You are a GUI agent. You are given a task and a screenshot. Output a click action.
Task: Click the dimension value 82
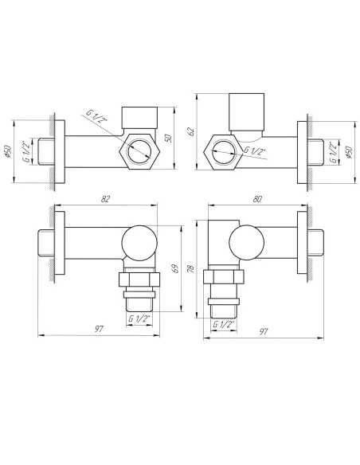105,199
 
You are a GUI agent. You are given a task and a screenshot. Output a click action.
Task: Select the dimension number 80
257,199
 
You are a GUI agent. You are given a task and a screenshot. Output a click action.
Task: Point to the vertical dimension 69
176,268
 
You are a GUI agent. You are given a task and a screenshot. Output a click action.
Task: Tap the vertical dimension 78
190,268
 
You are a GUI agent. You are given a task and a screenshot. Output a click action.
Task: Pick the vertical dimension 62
191,131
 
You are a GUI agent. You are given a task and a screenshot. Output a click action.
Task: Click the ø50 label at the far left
8,151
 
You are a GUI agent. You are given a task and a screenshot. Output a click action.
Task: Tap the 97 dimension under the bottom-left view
99,329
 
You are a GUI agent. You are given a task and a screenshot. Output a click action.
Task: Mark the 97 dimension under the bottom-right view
264,331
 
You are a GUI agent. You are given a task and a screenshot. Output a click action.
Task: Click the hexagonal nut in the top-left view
139,151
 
